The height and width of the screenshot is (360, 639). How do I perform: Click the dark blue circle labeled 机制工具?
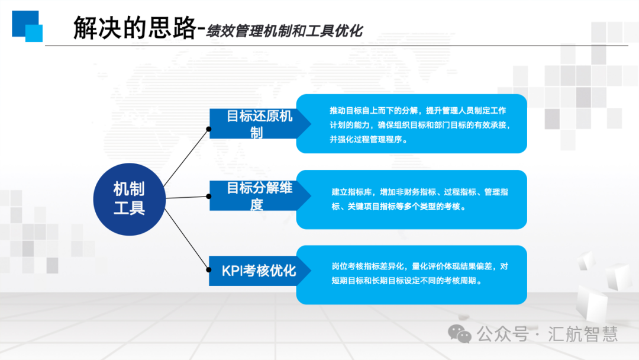(x=129, y=199)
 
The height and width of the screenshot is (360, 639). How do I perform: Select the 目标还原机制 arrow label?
(x=260, y=124)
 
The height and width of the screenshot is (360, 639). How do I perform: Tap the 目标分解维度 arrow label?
(x=260, y=196)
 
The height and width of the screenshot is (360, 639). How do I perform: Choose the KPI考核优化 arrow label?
(x=260, y=271)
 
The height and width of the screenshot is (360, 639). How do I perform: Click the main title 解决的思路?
(x=135, y=28)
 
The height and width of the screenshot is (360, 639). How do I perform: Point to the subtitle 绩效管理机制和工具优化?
(x=284, y=31)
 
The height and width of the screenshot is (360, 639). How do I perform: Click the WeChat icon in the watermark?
(x=459, y=334)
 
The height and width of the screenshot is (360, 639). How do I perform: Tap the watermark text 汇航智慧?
(x=583, y=334)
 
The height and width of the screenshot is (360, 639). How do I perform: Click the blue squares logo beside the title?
(x=27, y=26)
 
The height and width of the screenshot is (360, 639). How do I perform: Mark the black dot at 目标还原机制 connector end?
(x=209, y=129)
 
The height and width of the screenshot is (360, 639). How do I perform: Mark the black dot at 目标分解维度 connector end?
(x=209, y=197)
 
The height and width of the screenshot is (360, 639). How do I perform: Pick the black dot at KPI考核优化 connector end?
(x=209, y=269)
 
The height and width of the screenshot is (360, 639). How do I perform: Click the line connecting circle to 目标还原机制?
(x=186, y=157)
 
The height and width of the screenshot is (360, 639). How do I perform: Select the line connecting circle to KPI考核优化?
(x=186, y=239)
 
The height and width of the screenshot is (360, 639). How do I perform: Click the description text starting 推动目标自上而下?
(x=419, y=125)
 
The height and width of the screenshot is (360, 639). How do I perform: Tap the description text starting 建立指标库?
(x=419, y=199)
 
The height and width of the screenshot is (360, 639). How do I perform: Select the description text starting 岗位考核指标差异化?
(x=419, y=274)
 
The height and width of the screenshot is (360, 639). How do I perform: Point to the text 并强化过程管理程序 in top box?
(x=366, y=139)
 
